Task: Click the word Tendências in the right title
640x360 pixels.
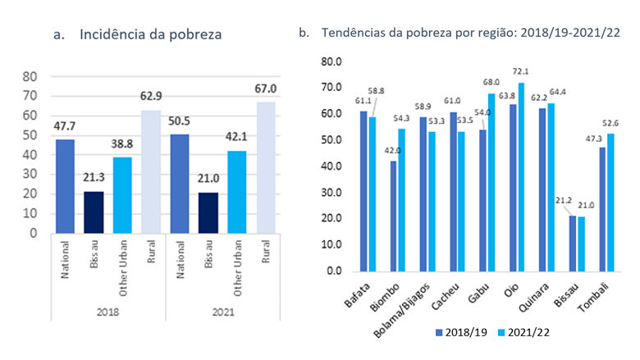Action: pyautogui.click(x=350, y=34)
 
